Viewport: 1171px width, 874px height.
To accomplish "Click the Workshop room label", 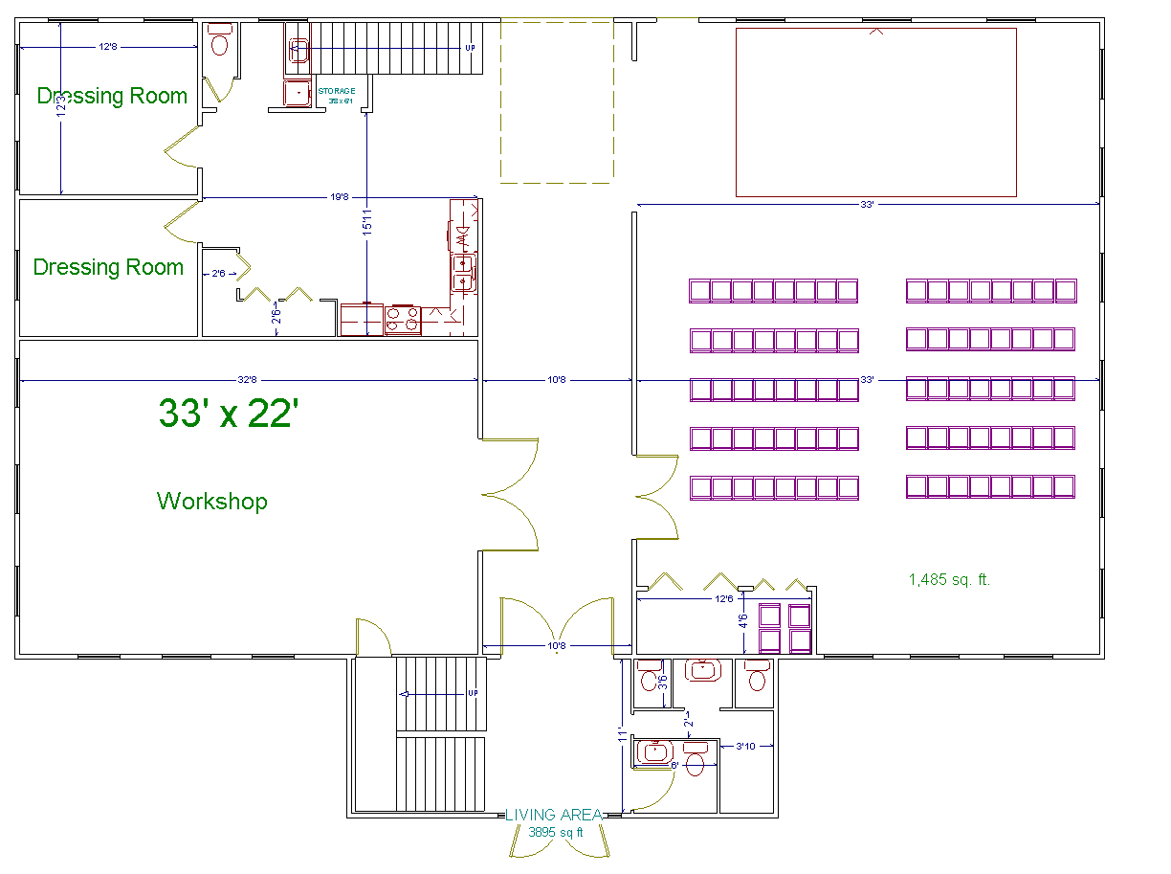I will click(x=212, y=501).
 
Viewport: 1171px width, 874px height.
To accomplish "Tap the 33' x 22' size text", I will click(x=229, y=413).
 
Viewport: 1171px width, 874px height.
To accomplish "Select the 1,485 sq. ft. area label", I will click(x=950, y=579).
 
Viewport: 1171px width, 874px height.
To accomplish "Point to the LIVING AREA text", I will click(x=554, y=816).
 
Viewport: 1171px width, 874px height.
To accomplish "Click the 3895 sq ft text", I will click(x=555, y=832).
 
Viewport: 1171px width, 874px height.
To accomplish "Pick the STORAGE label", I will click(x=336, y=91).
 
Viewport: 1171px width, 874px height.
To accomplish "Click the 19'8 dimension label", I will click(x=340, y=198).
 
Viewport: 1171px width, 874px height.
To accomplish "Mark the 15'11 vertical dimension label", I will click(x=367, y=222).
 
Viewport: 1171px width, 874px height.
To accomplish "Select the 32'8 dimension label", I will click(x=249, y=380).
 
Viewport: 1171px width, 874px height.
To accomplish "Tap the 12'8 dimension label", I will click(x=107, y=47).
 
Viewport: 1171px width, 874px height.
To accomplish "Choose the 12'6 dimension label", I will click(x=724, y=599).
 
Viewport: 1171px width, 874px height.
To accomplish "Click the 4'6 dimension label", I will click(x=743, y=620).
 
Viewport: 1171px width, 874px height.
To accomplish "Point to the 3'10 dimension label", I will click(x=744, y=746).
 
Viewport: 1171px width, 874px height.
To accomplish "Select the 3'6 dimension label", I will click(x=662, y=683).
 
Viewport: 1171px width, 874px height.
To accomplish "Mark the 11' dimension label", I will click(x=623, y=735).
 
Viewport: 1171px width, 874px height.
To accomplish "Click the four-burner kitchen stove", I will click(x=402, y=319).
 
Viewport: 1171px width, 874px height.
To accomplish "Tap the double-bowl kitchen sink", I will click(x=464, y=272).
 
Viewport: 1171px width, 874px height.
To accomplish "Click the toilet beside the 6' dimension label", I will click(x=695, y=763).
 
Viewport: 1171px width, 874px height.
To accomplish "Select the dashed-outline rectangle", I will click(x=556, y=101).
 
